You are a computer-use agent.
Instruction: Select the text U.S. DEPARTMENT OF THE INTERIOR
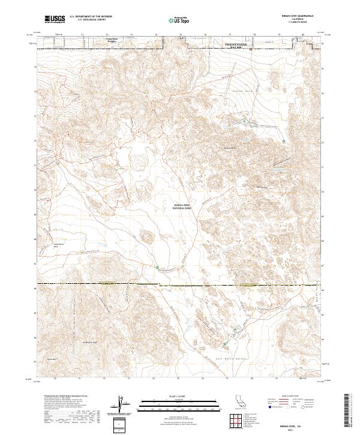(x=91, y=17)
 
